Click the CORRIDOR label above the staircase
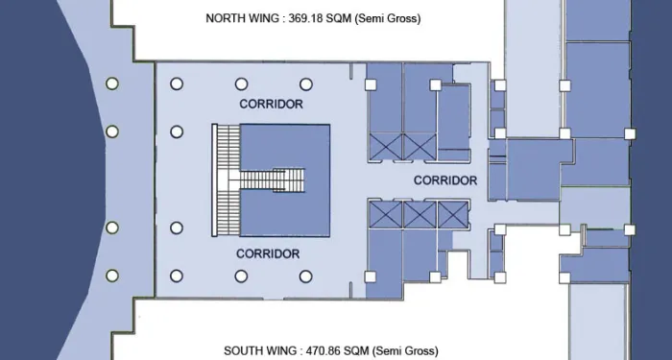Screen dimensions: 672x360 pyautogui.click(x=272, y=104)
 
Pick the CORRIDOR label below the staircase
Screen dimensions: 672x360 pyautogui.click(x=268, y=254)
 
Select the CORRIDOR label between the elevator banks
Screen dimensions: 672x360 pyautogui.click(x=445, y=180)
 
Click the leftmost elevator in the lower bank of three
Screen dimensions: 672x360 pyautogui.click(x=386, y=215)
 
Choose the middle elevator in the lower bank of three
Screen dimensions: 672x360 pyautogui.click(x=420, y=215)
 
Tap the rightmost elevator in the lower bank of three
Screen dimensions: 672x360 pyautogui.click(x=453, y=215)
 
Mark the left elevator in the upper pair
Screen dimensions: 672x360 pyautogui.click(x=386, y=147)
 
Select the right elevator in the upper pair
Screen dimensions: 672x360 pyautogui.click(x=420, y=147)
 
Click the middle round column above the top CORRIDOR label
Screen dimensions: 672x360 pyautogui.click(x=241, y=84)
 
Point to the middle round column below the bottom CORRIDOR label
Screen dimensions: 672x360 pyautogui.click(x=241, y=276)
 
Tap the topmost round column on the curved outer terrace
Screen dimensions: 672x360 pyautogui.click(x=112, y=84)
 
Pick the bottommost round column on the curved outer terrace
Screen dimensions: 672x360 pyautogui.click(x=112, y=276)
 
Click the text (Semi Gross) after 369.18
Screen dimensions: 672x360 pyautogui.click(x=388, y=19)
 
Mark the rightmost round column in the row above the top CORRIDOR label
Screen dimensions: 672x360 pyautogui.click(x=306, y=84)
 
